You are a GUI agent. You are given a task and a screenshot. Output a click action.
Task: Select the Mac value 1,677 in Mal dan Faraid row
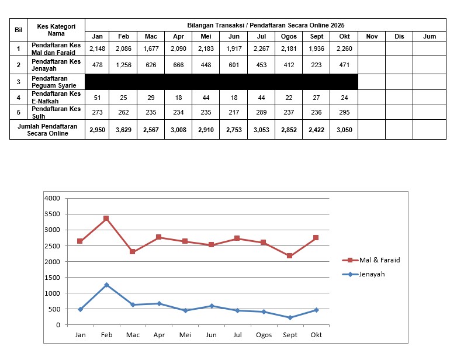(x=151, y=49)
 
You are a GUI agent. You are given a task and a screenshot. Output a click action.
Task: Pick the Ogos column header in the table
(x=289, y=36)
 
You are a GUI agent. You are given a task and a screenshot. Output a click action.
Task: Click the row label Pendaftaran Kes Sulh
(x=56, y=113)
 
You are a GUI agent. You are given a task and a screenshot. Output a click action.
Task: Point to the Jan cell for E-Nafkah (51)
(x=97, y=97)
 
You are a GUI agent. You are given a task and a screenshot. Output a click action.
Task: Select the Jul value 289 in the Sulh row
(x=261, y=113)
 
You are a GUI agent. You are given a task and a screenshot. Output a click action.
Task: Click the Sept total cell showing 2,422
(x=317, y=130)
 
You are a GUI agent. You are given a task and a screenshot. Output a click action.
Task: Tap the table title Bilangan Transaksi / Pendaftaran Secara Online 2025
(x=266, y=25)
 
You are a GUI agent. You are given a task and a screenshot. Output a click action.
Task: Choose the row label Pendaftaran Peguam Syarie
(x=56, y=81)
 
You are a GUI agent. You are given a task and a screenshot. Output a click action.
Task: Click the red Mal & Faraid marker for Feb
(x=106, y=219)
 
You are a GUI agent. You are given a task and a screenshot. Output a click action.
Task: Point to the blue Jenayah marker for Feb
(x=106, y=285)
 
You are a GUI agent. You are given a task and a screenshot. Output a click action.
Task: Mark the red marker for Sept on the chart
(x=290, y=256)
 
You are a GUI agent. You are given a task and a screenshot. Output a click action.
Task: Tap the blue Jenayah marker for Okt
(x=316, y=310)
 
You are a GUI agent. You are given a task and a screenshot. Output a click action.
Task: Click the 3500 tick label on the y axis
(x=53, y=214)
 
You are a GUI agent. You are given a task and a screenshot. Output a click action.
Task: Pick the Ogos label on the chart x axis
(x=264, y=335)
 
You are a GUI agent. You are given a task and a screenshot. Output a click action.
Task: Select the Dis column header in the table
(x=399, y=36)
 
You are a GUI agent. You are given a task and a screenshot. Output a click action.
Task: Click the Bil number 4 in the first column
(x=18, y=97)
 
